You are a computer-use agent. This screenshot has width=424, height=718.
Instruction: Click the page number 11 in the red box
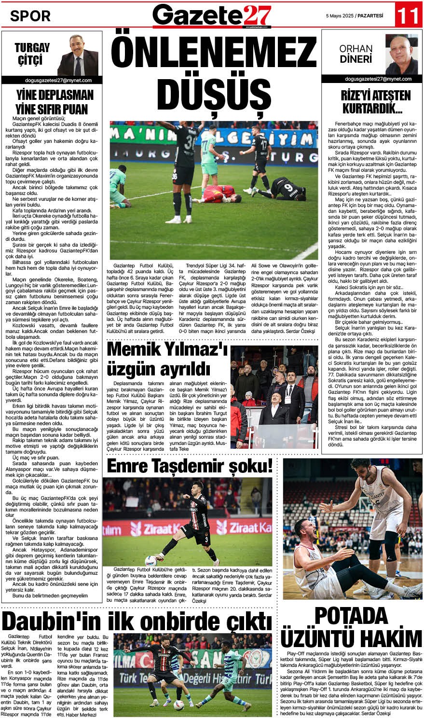(x=408, y=16)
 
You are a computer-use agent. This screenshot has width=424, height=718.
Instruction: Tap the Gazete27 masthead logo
(x=212, y=15)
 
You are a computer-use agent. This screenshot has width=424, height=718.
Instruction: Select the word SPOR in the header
(x=30, y=16)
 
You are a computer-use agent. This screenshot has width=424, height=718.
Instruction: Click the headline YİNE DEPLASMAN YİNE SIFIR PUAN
(x=52, y=101)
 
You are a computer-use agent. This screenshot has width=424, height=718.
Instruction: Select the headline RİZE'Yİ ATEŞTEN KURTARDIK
(x=371, y=102)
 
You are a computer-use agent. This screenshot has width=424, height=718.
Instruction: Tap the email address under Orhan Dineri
(x=371, y=79)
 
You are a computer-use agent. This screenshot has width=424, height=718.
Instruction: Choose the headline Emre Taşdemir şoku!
(x=190, y=466)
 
